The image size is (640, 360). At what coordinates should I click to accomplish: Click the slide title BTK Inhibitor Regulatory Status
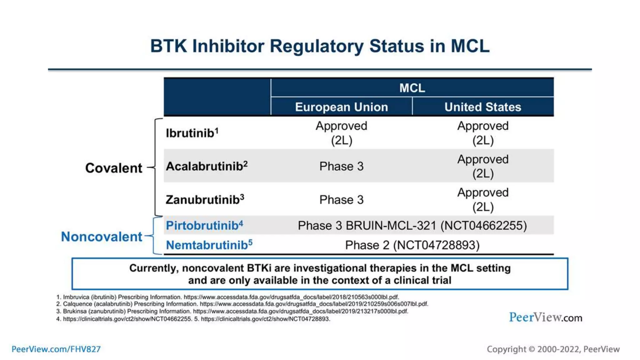pos(320,46)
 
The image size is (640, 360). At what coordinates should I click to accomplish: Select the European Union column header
pos(341,107)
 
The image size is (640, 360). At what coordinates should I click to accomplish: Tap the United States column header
pos(483,107)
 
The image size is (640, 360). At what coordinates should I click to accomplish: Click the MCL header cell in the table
pos(412,88)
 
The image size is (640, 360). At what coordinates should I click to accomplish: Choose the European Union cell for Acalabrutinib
pos(341,166)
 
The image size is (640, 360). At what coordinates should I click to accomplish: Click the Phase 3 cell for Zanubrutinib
pos(341,199)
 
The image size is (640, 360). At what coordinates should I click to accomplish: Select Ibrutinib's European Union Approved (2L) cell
pos(341,133)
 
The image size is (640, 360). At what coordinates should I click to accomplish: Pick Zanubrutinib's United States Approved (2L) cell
pos(483,199)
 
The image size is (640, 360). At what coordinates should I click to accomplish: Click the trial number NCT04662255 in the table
pos(483,226)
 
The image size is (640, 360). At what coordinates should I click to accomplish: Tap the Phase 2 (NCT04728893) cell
pos(412,245)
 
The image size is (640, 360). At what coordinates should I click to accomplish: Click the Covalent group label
pos(113,168)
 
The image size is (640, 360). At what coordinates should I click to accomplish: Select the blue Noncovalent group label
pos(102,237)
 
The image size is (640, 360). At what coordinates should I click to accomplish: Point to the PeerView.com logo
pos(545,317)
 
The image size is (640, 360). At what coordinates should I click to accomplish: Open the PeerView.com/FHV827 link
pos(56,349)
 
